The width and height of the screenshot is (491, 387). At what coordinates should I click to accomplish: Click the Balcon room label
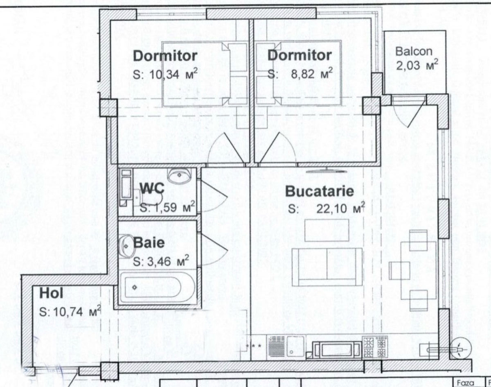pos(414,52)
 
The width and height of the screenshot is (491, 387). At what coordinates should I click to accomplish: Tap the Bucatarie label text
pos(320,191)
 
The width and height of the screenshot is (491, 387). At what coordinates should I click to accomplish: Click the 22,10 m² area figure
pos(340,208)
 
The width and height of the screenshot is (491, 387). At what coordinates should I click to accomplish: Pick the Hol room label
pos(51,293)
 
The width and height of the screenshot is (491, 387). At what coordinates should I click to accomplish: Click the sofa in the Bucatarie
pos(327,267)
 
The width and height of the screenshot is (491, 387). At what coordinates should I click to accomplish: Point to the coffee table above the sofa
pos(327,230)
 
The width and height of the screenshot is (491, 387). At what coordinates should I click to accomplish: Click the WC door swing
pos(214,197)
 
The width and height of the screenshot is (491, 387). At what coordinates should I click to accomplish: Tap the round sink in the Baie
pos(126,247)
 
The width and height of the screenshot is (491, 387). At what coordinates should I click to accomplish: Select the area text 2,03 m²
pos(417,65)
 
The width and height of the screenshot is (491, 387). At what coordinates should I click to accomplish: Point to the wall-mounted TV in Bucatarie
pos(326,170)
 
